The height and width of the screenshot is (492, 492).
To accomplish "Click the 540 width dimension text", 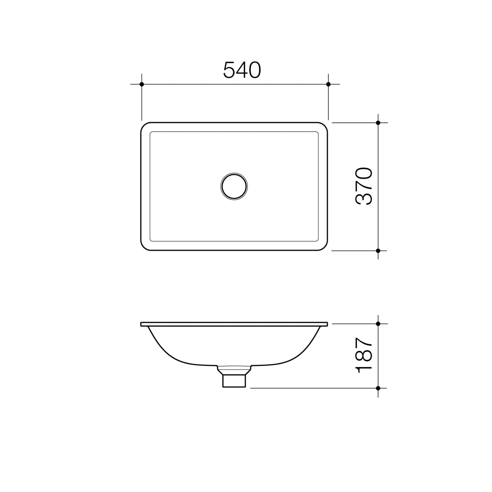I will (x=242, y=70).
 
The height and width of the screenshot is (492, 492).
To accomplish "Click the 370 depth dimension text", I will (x=364, y=186).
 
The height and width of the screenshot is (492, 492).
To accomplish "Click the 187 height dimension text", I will (x=364, y=356).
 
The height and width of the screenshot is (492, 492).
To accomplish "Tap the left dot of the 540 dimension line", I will (x=142, y=84).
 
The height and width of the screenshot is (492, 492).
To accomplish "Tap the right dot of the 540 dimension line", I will (x=328, y=84).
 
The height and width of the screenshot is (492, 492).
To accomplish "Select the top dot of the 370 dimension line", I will (x=378, y=123).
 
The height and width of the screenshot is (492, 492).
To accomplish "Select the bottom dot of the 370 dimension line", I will (x=378, y=251).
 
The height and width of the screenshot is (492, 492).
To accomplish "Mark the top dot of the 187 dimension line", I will (x=378, y=324).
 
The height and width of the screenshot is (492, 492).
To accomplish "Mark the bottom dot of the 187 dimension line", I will (x=378, y=388).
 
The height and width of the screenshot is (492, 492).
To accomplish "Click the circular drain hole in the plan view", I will (x=234, y=186).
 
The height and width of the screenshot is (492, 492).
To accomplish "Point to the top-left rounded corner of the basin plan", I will (x=143, y=125).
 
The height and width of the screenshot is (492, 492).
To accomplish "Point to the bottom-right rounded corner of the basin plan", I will (x=325, y=248).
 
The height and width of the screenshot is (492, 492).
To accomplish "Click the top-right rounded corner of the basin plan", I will (x=325, y=125).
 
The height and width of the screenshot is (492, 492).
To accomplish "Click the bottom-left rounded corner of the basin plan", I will (x=143, y=248).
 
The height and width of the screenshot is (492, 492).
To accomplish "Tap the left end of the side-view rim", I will (x=142, y=324).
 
